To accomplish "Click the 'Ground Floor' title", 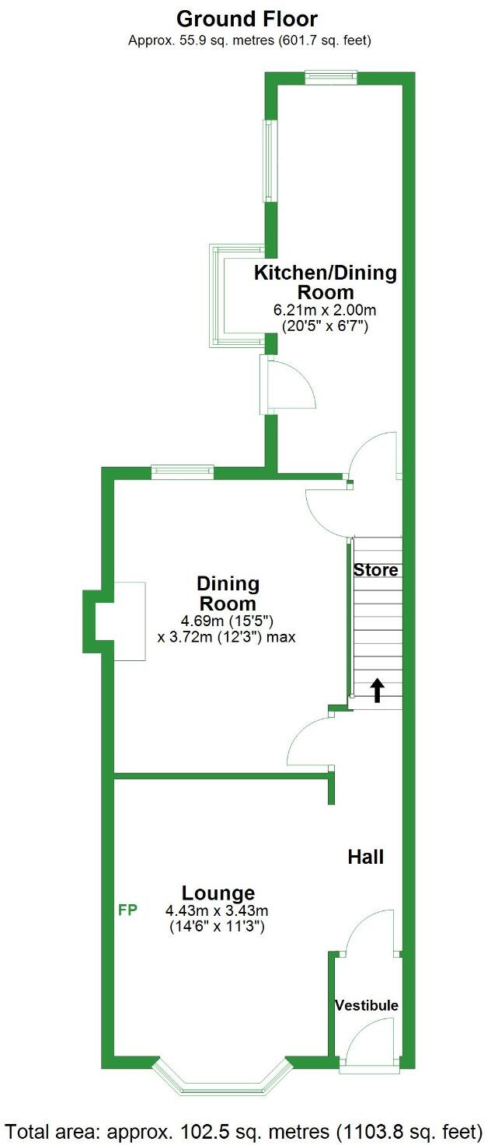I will coord(247,19).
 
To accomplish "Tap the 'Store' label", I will coord(376,569).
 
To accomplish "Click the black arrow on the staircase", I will coord(377,690).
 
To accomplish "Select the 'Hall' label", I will coord(366,857).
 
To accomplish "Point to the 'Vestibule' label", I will coord(367,1005).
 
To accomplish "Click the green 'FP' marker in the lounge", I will coord(127,910).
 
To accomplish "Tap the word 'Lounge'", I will coord(218,893).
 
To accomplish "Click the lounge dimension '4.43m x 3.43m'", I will coord(217,911).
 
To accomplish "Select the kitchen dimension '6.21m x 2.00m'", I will coord(326,309).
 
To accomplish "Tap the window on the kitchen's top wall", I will coord(331,76).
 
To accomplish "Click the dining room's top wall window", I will coord(182,470).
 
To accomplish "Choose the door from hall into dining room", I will coord(311,742).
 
